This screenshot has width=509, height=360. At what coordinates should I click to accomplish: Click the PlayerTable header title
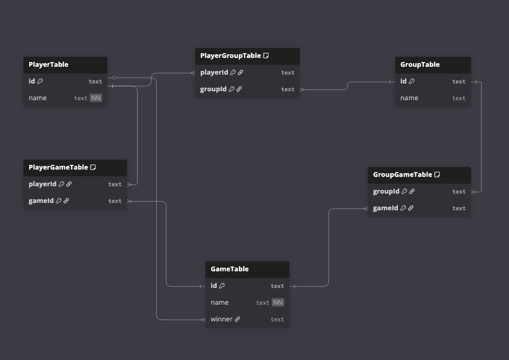[49, 65]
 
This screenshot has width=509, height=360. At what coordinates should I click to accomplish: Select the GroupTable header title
[420, 65]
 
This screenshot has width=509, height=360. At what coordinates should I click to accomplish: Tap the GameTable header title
[229, 269]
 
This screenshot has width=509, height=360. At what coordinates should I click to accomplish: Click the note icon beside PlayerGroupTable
[266, 56]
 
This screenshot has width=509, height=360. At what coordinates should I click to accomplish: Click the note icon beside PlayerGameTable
[93, 167]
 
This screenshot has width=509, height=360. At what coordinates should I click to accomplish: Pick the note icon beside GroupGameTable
[437, 175]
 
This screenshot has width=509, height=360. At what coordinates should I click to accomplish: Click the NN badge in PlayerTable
[96, 98]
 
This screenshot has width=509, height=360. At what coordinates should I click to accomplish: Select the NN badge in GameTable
[278, 303]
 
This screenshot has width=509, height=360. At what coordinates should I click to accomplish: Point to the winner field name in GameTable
[222, 319]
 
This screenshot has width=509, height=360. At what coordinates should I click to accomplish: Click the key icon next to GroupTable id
[412, 81]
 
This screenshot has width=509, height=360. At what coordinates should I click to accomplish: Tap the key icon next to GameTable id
[222, 286]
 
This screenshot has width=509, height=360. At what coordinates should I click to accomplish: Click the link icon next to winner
[237, 319]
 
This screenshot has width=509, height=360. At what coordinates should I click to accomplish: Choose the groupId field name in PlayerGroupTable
[213, 89]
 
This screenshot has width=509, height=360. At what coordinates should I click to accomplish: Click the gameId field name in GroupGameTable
[385, 208]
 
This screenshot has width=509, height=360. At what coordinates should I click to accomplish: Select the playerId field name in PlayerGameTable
[42, 184]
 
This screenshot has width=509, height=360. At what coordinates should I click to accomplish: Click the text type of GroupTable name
[459, 98]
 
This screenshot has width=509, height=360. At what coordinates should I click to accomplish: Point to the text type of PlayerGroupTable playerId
[288, 73]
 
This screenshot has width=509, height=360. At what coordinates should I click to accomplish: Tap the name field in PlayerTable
[38, 98]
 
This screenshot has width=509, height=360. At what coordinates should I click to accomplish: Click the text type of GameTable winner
[277, 319]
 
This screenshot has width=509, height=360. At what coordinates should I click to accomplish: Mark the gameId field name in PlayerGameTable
[41, 201]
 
